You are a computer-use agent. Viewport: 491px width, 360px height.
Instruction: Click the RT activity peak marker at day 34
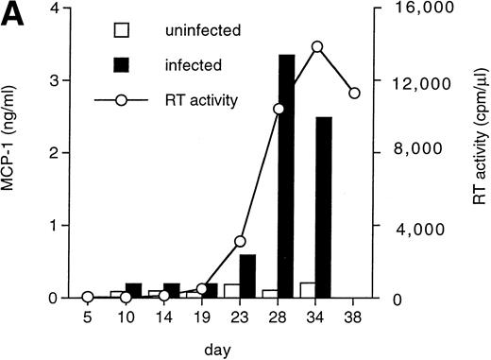317,46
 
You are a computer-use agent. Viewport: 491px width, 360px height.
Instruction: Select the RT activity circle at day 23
240,241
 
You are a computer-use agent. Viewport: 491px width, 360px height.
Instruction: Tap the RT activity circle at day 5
88,297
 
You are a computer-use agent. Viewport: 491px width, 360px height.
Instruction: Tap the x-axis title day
220,348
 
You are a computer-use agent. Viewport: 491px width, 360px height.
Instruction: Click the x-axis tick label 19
201,317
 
